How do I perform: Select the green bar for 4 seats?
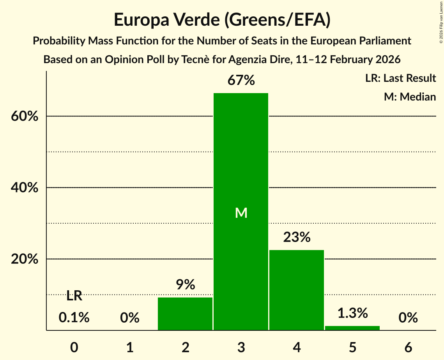click(x=297, y=290)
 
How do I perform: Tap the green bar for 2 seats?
click(x=185, y=314)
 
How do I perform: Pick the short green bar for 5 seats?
click(x=352, y=328)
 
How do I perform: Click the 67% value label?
click(x=241, y=81)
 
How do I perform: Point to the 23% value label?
click(x=297, y=237)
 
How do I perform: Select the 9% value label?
click(x=185, y=285)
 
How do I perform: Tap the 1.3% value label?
click(x=352, y=313)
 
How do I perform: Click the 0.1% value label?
click(x=74, y=318)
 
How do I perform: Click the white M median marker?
click(x=241, y=213)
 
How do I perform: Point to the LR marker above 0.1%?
click(x=74, y=296)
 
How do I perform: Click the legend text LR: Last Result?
click(x=400, y=78)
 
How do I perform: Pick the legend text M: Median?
click(x=410, y=97)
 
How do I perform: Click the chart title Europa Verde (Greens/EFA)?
click(x=222, y=19)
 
